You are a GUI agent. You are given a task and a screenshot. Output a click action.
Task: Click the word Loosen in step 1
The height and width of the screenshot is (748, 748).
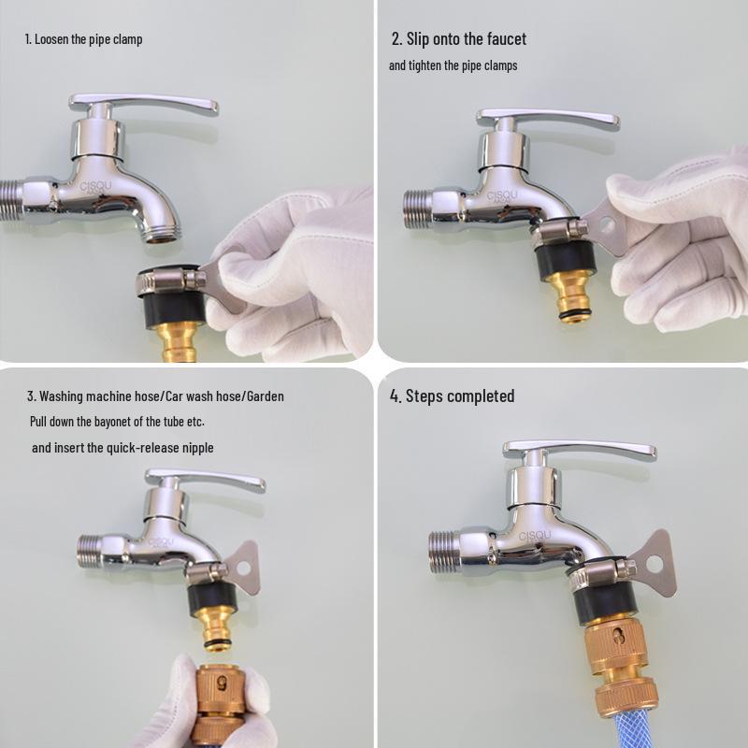52,39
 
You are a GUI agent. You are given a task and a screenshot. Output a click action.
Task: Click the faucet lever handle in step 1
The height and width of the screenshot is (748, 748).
143,104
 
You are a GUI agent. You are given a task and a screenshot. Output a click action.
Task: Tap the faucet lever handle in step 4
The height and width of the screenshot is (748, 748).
579,450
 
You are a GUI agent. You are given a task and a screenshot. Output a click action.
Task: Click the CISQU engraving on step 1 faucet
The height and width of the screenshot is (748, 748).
95,187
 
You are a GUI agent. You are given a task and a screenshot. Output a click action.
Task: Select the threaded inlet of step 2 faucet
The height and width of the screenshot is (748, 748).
417,209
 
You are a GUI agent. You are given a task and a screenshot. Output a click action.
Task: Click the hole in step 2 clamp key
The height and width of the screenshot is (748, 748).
607,223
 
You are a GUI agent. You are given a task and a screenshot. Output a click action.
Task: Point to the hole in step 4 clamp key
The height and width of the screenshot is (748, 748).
654,565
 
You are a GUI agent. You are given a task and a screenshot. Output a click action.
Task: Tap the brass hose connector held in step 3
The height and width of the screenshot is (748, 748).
221,706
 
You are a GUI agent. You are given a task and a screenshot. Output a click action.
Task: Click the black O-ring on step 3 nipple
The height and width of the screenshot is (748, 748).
218,645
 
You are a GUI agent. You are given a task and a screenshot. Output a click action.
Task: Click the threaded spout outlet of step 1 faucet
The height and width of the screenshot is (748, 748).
162,232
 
